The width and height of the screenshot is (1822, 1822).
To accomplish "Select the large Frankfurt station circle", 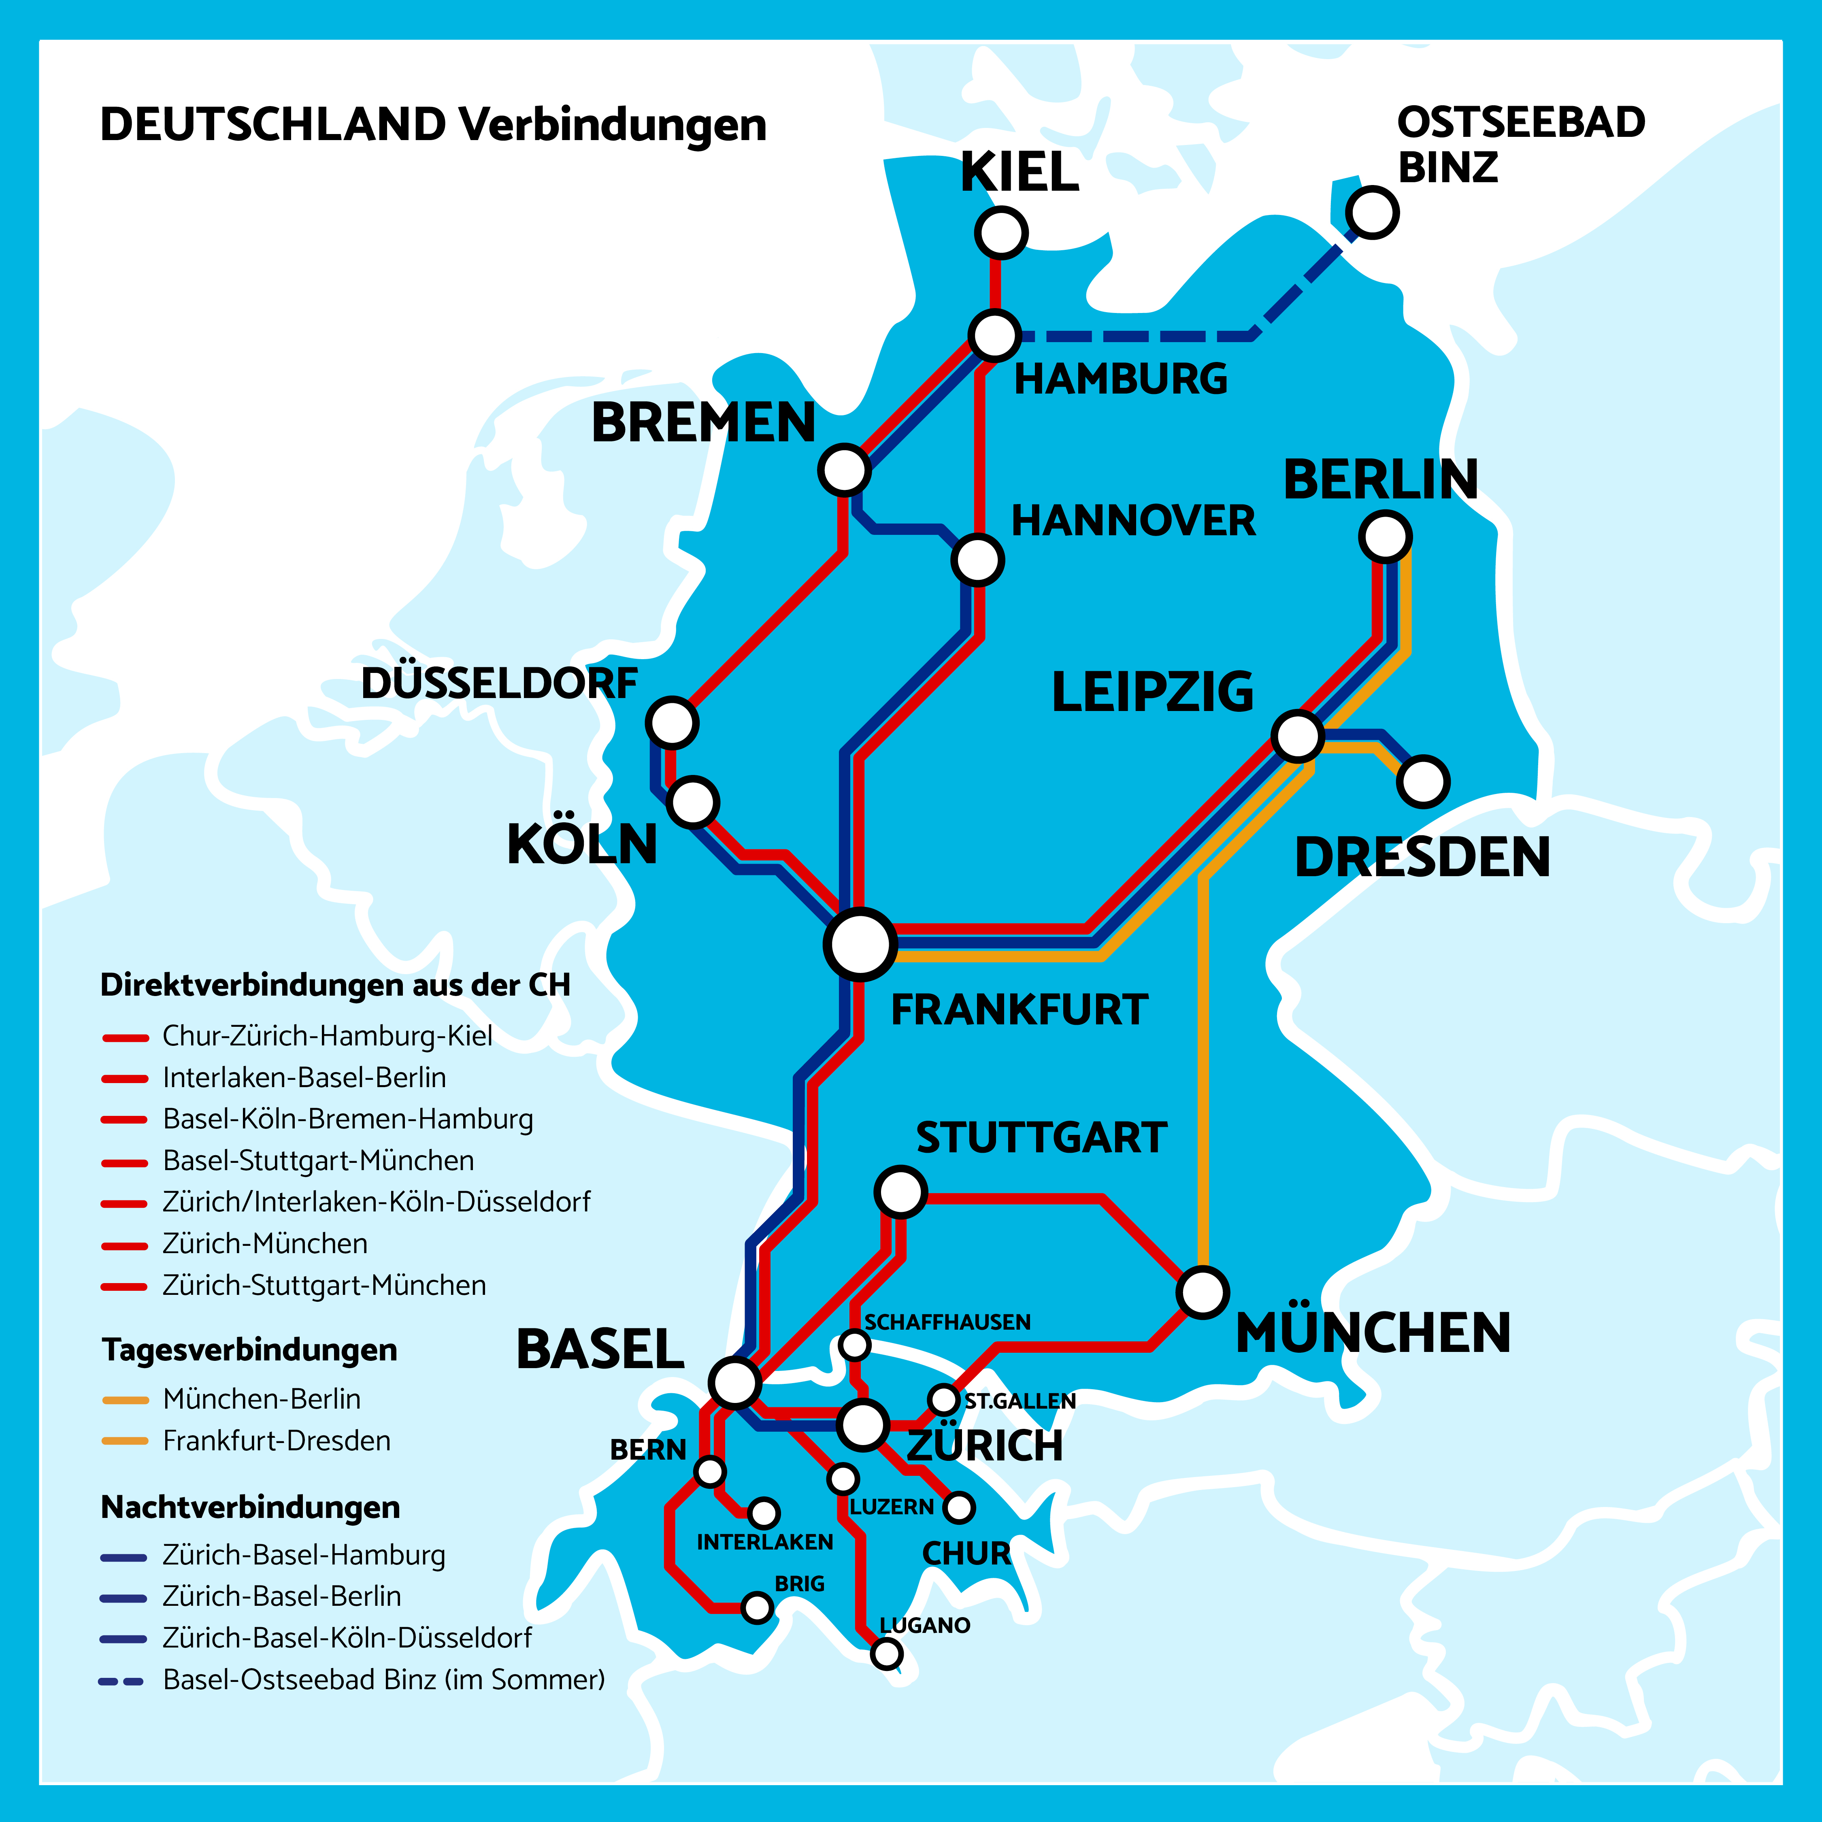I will pos(860,944).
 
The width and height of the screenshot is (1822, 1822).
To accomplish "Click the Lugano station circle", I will pos(886,1653).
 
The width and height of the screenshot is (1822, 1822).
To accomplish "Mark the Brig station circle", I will pos(757,1607).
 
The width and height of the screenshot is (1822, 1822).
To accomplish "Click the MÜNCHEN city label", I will pos(1373,1332).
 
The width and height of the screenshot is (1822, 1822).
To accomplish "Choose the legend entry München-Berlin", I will pos(261,1398).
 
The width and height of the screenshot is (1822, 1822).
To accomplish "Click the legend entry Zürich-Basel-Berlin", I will pos(281,1596).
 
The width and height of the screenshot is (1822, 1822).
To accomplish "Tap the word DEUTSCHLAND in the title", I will pos(272,124).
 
